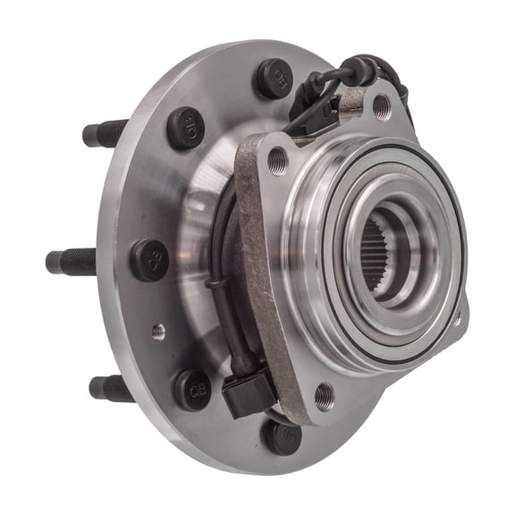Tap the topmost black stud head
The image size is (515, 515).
coord(274,78)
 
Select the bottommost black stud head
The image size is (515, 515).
coord(282,435)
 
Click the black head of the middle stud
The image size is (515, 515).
coord(150,259)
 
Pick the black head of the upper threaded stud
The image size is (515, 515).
coord(185,127)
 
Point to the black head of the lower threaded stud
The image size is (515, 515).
coord(192,389)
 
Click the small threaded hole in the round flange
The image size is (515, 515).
coord(158,332)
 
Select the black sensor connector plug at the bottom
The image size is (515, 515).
coord(247,393)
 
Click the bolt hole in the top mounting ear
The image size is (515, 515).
coord(381,107)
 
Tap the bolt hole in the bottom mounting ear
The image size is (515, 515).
coord(325,394)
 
